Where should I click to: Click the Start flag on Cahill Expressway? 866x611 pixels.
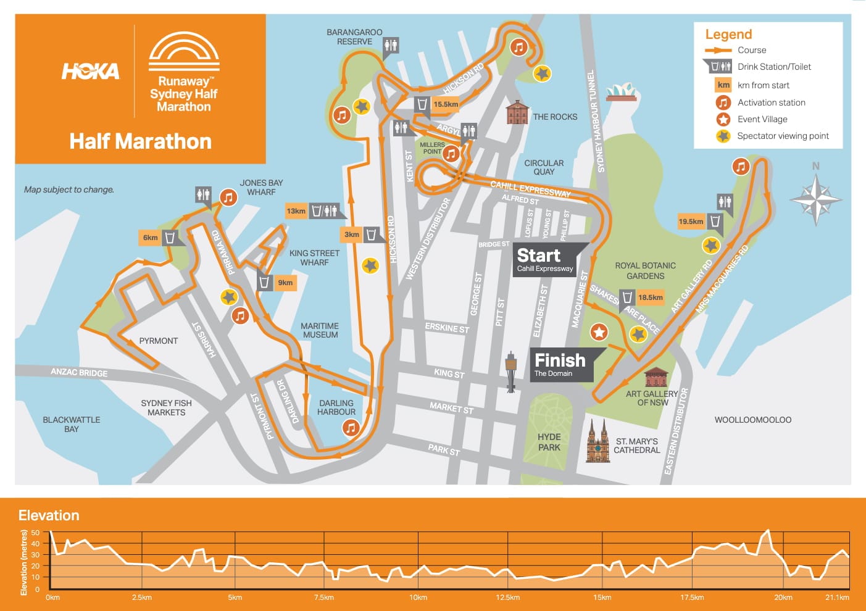[x=546, y=259]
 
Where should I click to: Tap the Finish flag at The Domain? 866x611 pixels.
[x=560, y=364]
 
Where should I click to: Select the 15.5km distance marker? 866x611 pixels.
[x=445, y=104]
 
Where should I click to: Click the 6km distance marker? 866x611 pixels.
[x=150, y=238]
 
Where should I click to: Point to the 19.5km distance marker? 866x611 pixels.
[x=691, y=222]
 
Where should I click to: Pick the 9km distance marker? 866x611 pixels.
[x=285, y=283]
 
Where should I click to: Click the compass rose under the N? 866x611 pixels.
[x=815, y=199]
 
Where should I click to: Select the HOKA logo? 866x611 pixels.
[x=90, y=72]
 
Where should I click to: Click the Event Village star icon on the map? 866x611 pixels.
[x=599, y=332]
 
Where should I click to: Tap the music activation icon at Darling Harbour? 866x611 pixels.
[x=351, y=427]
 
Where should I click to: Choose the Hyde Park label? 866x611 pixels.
[x=549, y=442]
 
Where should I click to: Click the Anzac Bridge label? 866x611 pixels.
[x=79, y=372]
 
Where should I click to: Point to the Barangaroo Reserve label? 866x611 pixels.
[x=354, y=37]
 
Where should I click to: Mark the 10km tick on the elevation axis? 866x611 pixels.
[x=418, y=597]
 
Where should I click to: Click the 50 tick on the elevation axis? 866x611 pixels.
[x=35, y=533]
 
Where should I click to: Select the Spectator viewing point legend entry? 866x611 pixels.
[x=783, y=136]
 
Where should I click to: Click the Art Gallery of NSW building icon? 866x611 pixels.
[x=656, y=377]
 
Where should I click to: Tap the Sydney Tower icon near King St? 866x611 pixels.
[x=510, y=372]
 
